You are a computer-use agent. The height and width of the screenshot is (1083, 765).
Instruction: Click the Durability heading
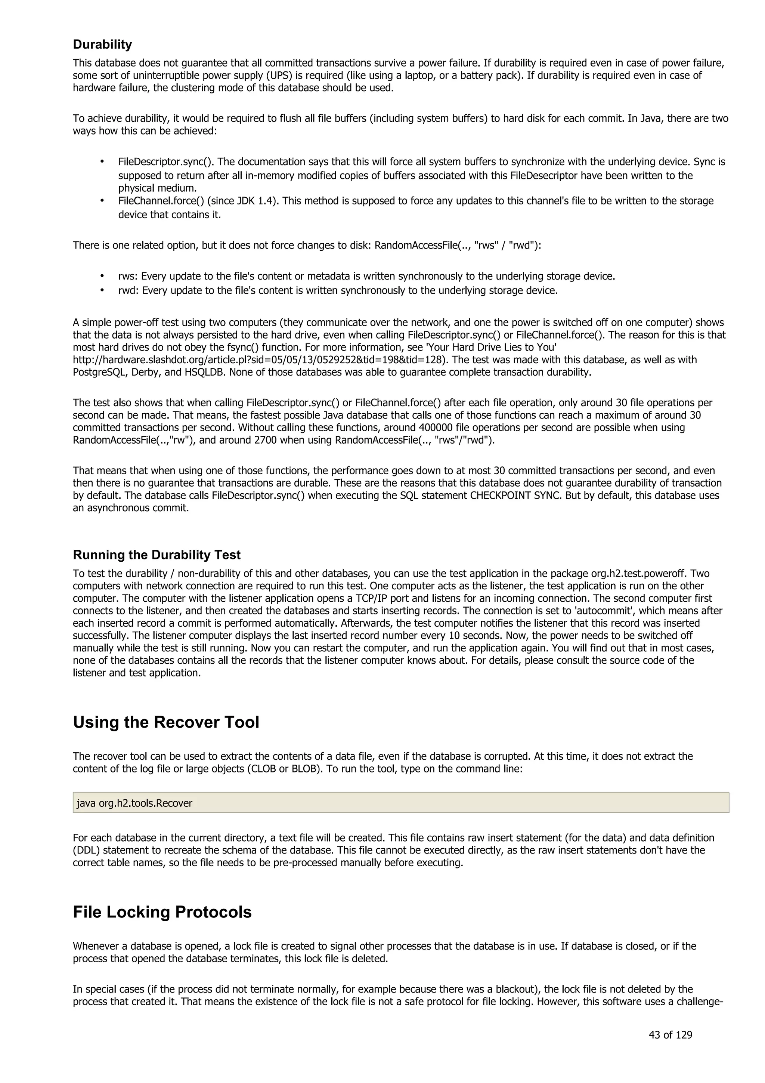pyautogui.click(x=102, y=44)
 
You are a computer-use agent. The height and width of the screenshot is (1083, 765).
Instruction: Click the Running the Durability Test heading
pyautogui.click(x=157, y=555)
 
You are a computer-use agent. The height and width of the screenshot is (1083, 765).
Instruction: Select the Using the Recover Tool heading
pyautogui.click(x=166, y=722)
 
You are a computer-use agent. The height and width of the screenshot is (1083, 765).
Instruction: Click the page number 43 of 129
pyautogui.click(x=670, y=1035)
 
